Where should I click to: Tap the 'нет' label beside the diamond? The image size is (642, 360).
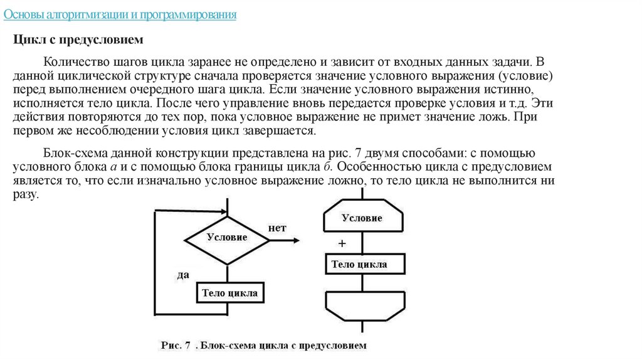point(277,228)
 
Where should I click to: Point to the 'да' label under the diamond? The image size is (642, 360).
point(183,275)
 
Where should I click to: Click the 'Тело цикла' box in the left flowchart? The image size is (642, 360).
point(229,293)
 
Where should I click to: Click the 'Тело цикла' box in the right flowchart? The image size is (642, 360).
point(359,264)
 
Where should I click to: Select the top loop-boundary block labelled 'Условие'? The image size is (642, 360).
point(362,218)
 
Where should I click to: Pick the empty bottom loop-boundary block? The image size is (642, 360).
point(362,307)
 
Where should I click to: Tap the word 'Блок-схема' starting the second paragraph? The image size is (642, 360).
point(70,154)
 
